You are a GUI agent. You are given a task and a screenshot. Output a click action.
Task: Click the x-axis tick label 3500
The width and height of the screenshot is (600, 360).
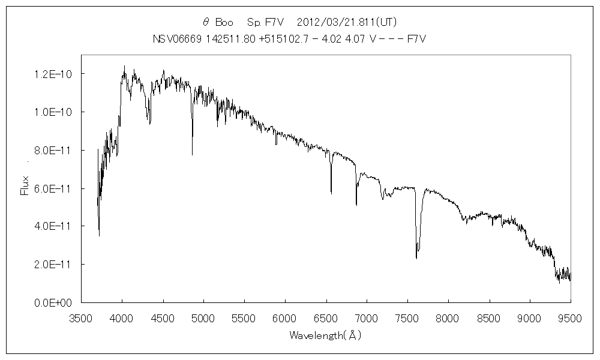[81, 318]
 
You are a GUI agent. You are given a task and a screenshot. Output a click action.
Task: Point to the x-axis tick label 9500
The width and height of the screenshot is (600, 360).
[570, 318]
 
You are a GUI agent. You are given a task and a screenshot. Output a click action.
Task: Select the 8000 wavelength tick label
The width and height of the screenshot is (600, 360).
[448, 318]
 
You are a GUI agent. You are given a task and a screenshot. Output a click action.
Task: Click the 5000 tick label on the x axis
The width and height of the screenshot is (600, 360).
[203, 318]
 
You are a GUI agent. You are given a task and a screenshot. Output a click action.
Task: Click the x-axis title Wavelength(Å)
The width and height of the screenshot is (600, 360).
[325, 336]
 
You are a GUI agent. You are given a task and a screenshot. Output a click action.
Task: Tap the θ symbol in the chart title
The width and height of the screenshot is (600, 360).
[206, 22]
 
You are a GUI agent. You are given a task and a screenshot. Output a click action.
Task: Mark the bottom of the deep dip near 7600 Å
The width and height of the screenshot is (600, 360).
[416, 259]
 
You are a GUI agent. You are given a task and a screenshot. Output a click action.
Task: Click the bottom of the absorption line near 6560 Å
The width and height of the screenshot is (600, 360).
[331, 194]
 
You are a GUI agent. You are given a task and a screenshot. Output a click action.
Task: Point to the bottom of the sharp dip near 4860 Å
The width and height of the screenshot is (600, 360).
[192, 155]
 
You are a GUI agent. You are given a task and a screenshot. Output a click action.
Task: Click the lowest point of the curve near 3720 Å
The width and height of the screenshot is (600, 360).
[99, 236]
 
